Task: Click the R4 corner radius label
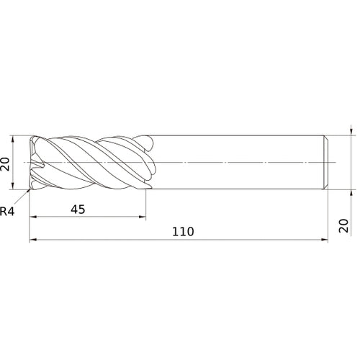click(x=7, y=212)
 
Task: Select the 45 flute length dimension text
click(x=78, y=210)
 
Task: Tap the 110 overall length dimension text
click(x=183, y=232)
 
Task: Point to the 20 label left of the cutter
click(x=5, y=164)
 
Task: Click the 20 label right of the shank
click(x=343, y=225)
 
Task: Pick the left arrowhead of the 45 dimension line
click(x=32, y=217)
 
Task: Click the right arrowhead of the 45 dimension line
click(x=143, y=217)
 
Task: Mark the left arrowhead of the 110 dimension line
click(x=32, y=240)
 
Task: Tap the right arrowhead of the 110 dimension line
click(x=325, y=240)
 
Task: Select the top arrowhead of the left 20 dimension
click(x=13, y=139)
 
